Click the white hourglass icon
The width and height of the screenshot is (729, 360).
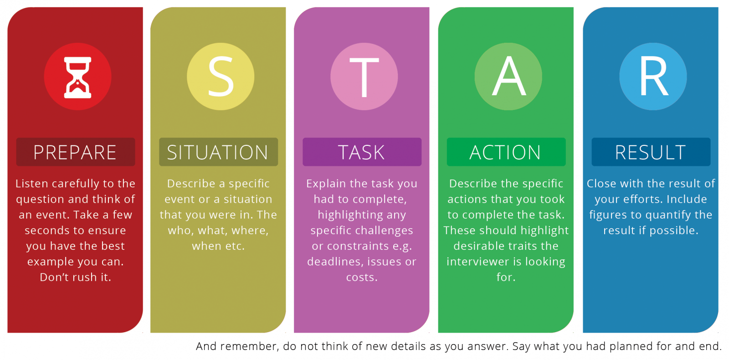click(x=77, y=77)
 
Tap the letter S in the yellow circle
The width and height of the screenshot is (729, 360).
click(x=221, y=77)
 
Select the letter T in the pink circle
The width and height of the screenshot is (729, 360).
click(x=364, y=77)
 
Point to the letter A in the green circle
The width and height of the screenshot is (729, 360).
click(x=508, y=77)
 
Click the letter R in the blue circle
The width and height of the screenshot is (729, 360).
click(x=653, y=77)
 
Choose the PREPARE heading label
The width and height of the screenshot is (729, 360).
click(x=75, y=152)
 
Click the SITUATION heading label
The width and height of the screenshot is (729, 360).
click(x=218, y=152)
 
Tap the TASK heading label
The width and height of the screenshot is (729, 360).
click(x=361, y=152)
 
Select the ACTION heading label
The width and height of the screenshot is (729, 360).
click(x=505, y=152)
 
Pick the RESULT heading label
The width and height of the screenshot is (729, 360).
click(x=650, y=152)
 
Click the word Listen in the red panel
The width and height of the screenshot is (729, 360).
click(x=32, y=184)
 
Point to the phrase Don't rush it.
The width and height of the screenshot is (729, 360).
click(x=76, y=278)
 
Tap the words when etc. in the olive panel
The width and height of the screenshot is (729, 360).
click(x=218, y=246)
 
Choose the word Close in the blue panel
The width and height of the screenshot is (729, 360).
click(x=601, y=184)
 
